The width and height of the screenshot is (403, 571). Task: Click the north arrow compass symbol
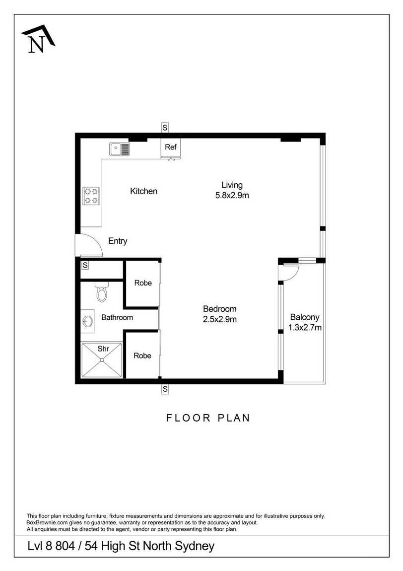pyautogui.click(x=38, y=39)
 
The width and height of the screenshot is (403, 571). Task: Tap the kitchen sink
pyautogui.click(x=120, y=149)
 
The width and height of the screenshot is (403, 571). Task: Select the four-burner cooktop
pyautogui.click(x=91, y=196)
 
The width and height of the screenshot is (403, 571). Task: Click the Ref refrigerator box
pyautogui.click(x=171, y=147)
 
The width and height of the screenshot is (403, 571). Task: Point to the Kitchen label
pyautogui.click(x=144, y=191)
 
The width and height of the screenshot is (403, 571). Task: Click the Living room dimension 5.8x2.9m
pyautogui.click(x=232, y=195)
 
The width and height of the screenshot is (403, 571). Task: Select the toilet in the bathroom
pyautogui.click(x=102, y=291)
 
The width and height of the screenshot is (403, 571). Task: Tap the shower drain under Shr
pyautogui.click(x=102, y=360)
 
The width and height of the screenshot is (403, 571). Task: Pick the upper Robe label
pyautogui.click(x=143, y=283)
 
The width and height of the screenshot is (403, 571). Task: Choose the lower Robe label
pyautogui.click(x=142, y=356)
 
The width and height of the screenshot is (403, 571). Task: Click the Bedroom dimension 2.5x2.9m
pyautogui.click(x=220, y=319)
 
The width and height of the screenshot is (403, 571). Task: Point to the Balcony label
pyautogui.click(x=305, y=317)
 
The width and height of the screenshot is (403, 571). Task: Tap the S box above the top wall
pyautogui.click(x=165, y=128)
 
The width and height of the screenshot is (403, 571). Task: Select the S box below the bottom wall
pyautogui.click(x=165, y=389)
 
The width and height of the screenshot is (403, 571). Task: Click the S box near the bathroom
pyautogui.click(x=85, y=265)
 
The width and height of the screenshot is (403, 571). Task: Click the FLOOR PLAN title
pyautogui.click(x=208, y=418)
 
